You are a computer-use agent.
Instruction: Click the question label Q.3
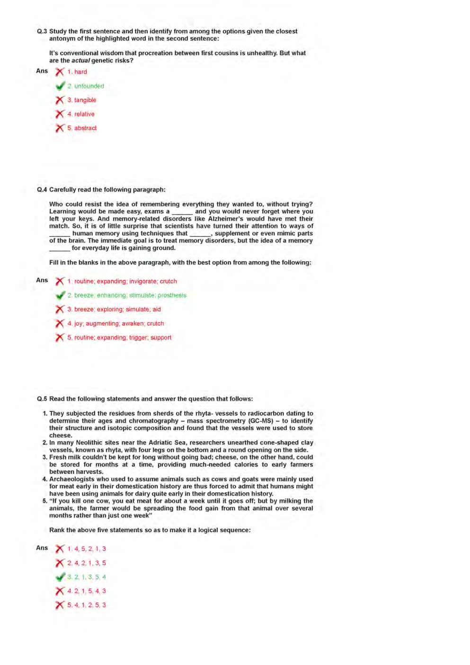coord(42,31)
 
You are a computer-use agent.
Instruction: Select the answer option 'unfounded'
coord(89,86)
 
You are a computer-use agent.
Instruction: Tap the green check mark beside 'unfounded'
coord(60,86)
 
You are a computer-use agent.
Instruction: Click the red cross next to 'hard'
coord(60,72)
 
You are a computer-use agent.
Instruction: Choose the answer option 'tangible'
coord(85,100)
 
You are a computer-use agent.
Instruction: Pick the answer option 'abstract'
coord(85,128)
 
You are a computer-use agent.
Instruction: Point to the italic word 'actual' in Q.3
coord(80,61)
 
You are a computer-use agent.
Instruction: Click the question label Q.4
coord(42,190)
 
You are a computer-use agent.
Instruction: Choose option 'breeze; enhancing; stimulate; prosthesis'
coord(130,295)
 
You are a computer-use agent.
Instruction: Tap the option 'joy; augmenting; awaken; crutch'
coord(119,324)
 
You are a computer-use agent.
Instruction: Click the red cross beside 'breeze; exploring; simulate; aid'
coord(60,310)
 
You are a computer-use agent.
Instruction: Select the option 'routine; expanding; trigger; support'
coord(123,337)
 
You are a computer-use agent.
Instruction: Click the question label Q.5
coord(42,399)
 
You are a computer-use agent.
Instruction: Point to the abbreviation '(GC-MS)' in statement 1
coord(261,421)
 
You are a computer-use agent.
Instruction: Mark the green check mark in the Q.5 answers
coord(60,577)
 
